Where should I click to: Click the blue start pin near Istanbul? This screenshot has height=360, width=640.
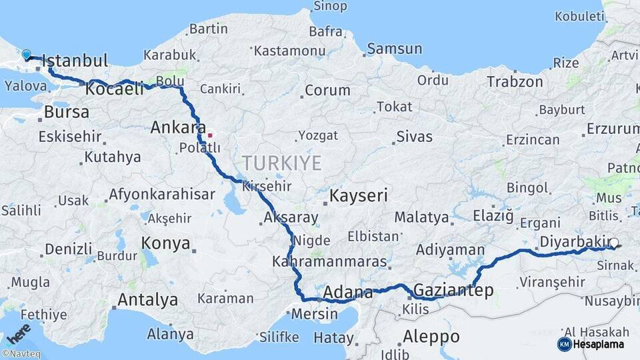(x=26, y=55)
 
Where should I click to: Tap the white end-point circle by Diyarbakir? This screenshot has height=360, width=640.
(x=614, y=244)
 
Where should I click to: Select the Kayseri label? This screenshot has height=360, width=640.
(x=359, y=195)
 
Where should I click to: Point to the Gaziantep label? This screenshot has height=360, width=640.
(x=453, y=290)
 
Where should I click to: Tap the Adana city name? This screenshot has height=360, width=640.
(x=348, y=292)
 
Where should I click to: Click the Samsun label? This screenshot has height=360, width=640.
(x=395, y=49)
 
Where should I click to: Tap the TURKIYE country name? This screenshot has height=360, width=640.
(x=281, y=163)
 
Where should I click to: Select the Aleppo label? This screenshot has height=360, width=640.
(x=431, y=335)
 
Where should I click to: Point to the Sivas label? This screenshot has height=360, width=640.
(x=414, y=137)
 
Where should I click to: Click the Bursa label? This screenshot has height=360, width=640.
(x=67, y=111)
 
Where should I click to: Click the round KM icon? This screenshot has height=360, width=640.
(x=564, y=344)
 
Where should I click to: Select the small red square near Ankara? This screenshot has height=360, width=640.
(x=210, y=135)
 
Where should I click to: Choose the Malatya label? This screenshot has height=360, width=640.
(x=421, y=217)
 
